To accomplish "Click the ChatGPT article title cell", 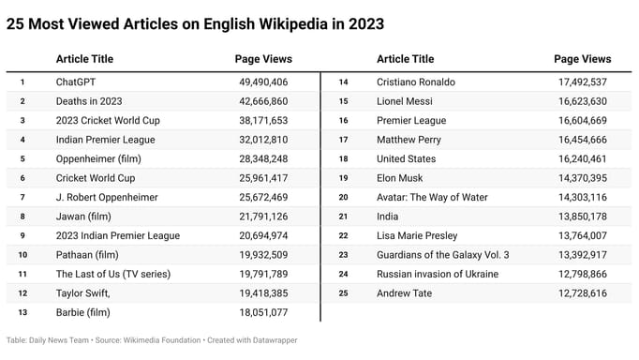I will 77,82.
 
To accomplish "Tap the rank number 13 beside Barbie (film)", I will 22,312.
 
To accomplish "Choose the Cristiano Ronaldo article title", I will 418,82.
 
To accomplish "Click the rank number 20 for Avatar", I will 343,197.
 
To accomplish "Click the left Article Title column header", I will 85,59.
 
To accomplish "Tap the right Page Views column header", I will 582,59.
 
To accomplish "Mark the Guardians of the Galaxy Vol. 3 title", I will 443,255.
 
